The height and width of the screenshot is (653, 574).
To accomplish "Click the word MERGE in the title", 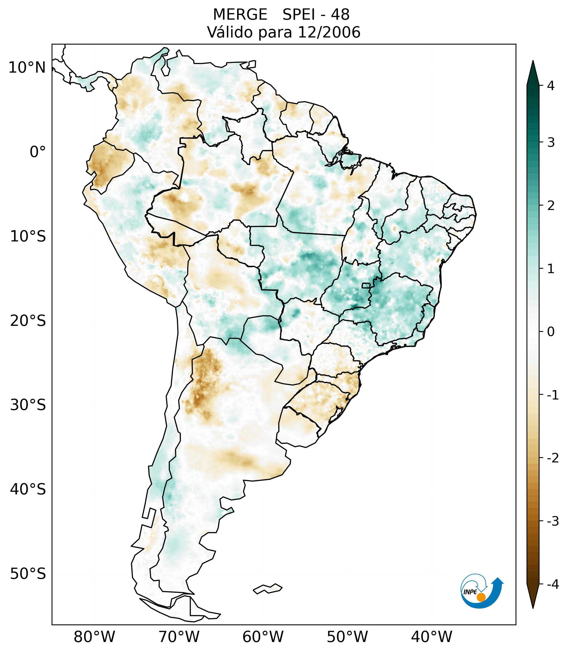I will point(240,15).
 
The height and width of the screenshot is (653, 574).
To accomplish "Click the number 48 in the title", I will point(340,15).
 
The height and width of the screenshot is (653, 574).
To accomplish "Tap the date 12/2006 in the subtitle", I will point(329,32).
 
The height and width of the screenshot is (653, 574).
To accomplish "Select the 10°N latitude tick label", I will point(27,68).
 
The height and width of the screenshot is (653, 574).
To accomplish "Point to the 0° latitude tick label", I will point(38,152).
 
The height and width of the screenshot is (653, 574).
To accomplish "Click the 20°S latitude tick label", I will point(28,321).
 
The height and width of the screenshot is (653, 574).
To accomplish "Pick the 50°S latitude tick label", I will point(28,574).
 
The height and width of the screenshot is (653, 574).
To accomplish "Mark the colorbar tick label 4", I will point(551,86).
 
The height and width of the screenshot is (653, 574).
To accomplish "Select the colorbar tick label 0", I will point(551,332).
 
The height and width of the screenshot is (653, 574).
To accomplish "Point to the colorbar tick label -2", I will point(553,458).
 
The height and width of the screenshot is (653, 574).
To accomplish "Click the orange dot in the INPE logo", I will point(481,597).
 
